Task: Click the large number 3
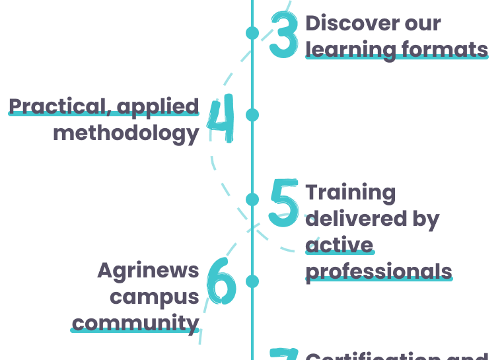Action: pos(284,36)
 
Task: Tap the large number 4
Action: pos(221,120)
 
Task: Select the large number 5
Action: pos(283,203)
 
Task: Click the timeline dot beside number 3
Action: pos(252,32)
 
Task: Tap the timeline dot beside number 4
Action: pos(252,115)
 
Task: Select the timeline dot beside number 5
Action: pos(252,199)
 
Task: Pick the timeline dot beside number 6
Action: pos(252,281)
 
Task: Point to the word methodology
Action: pos(126,133)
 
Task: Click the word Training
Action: pos(350,192)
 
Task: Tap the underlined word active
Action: pos(340,245)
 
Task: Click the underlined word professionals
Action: pos(378,271)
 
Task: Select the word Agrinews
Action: pos(148,270)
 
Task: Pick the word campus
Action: pos(154,297)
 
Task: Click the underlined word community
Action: pos(135,323)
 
